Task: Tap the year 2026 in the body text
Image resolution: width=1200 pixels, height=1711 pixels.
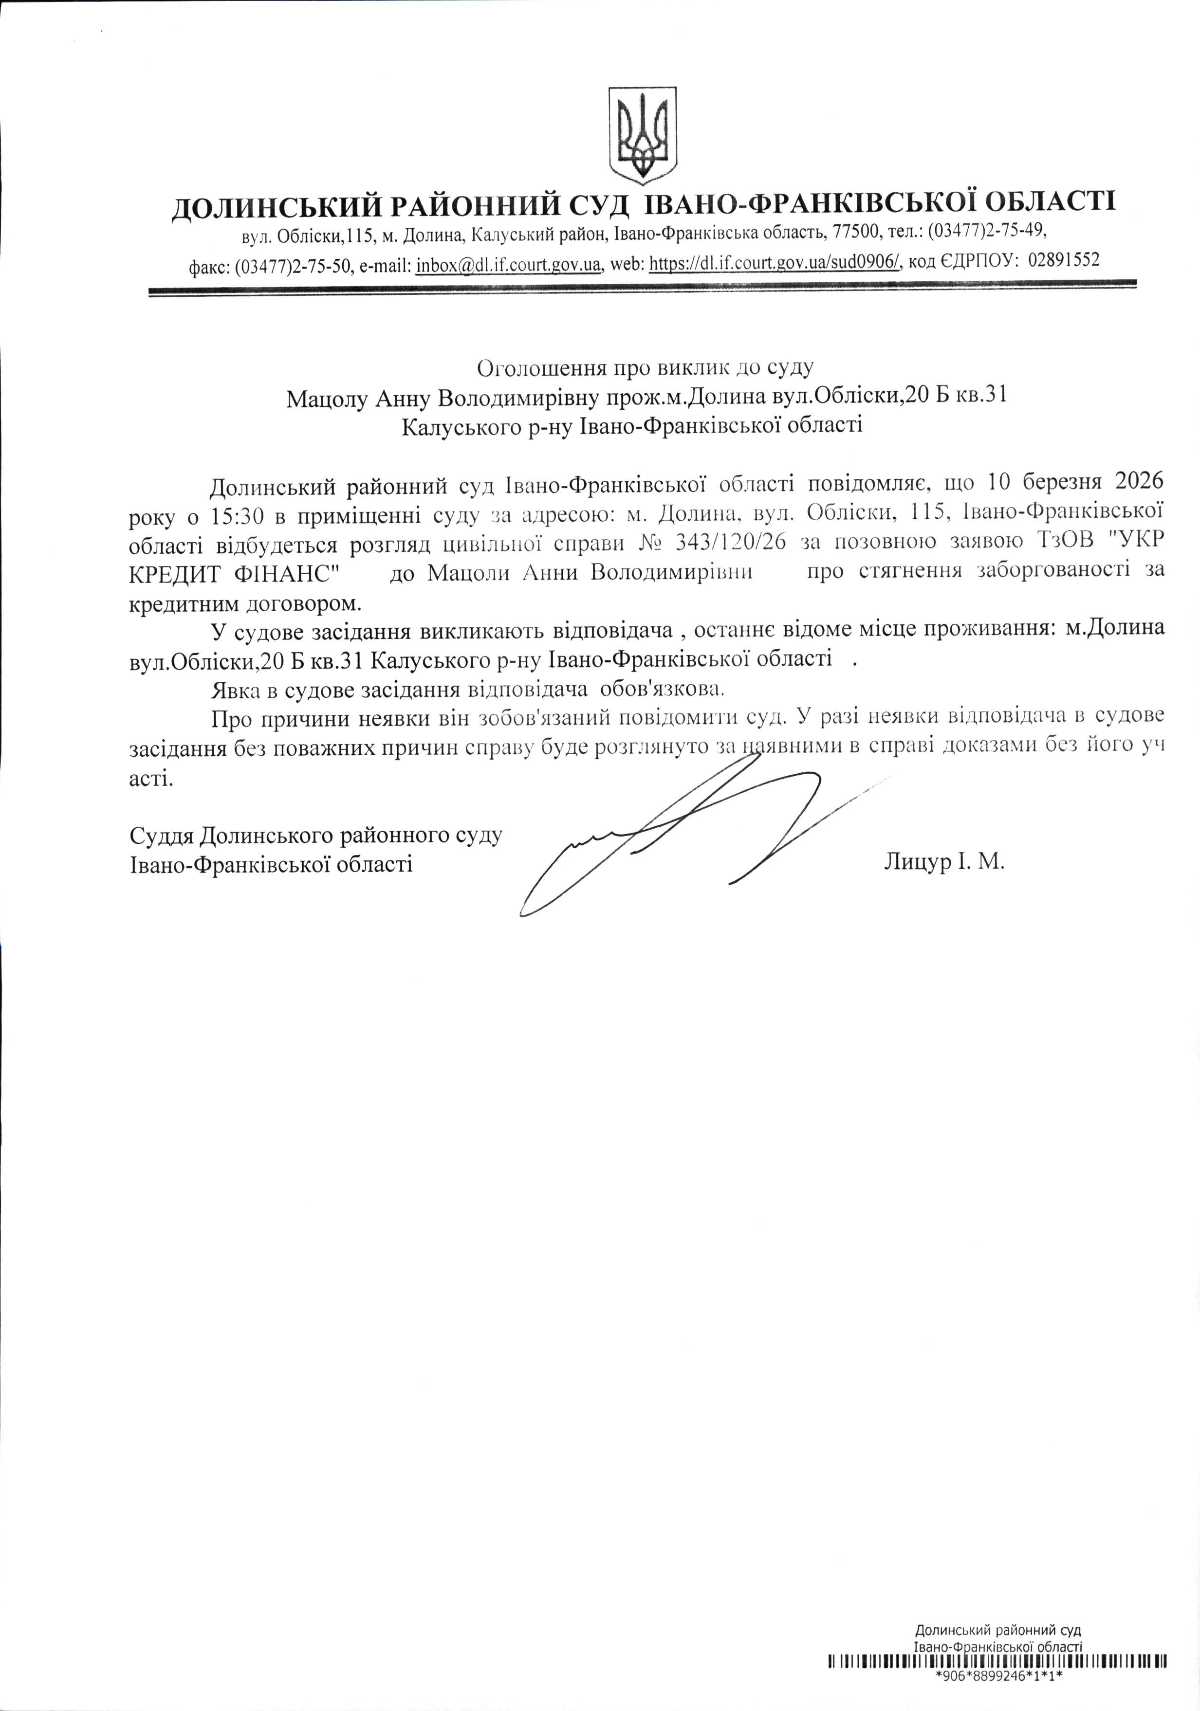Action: point(1139,481)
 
